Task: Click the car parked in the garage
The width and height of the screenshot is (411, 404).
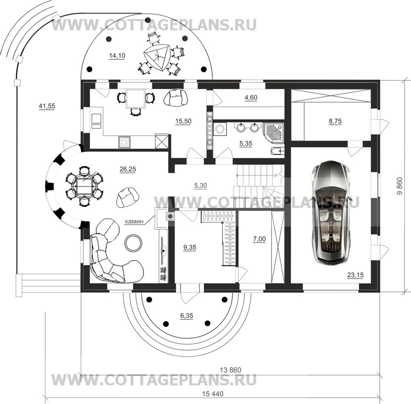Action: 331,213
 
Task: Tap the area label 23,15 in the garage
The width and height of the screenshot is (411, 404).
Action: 355,275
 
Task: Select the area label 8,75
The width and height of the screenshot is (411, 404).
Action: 335,121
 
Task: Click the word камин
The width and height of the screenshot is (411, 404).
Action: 134,222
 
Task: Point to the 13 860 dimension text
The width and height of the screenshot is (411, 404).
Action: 230,370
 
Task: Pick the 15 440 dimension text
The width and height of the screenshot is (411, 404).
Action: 213,394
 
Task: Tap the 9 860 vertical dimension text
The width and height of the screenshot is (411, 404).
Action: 400,186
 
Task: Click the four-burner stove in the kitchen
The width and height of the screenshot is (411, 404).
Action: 124,142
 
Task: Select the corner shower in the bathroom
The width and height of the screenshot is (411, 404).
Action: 274,133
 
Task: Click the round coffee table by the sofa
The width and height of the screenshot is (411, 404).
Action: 134,243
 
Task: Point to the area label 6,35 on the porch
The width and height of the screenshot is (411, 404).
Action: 186,315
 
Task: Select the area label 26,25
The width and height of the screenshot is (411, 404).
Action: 128,169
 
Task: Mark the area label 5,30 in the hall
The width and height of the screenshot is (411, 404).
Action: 200,185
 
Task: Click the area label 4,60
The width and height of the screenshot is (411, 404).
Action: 251,97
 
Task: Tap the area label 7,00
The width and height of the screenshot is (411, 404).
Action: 259,239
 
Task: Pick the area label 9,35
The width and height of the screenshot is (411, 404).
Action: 189,247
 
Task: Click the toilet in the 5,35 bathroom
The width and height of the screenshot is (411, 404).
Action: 277,151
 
